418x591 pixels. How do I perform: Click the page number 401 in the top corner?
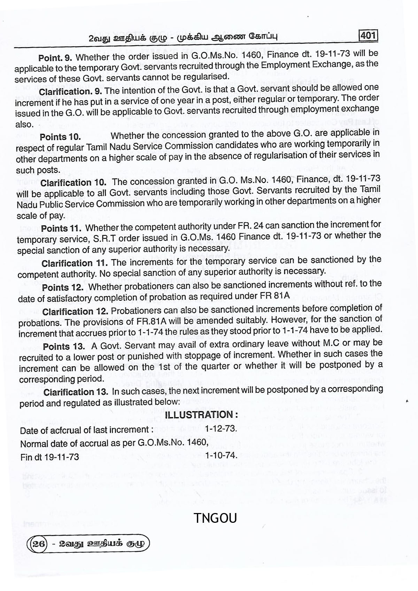(368, 36)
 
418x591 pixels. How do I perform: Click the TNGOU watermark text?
(215, 518)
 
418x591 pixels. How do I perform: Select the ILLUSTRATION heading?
(201, 415)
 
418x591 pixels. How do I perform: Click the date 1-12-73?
(221, 428)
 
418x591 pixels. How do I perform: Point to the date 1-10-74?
(221, 455)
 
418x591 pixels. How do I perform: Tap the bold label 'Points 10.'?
(60, 137)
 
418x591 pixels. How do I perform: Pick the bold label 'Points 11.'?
(61, 229)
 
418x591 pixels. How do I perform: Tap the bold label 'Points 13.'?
(64, 347)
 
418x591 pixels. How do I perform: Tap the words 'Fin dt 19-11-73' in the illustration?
(49, 457)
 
